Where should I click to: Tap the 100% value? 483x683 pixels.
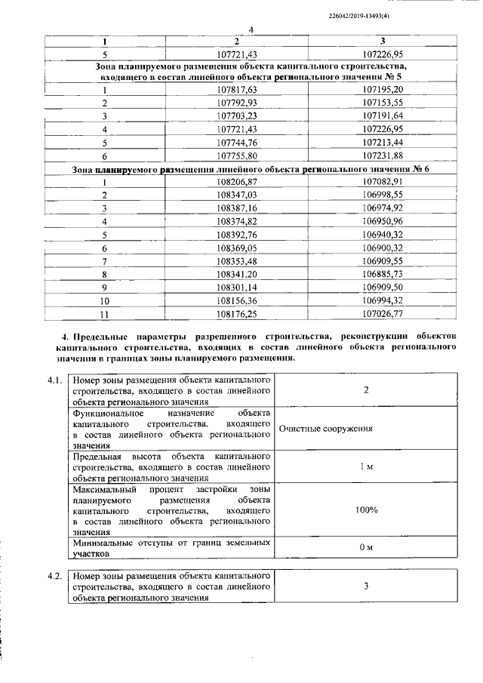pos(366,510)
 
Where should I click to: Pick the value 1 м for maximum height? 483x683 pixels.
pos(366,466)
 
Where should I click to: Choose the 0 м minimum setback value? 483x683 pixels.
pos(366,547)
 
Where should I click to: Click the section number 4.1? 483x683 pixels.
pos(54,380)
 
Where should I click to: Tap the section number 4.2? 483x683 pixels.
pos(54,576)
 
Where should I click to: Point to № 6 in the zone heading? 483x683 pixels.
pos(421,169)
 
